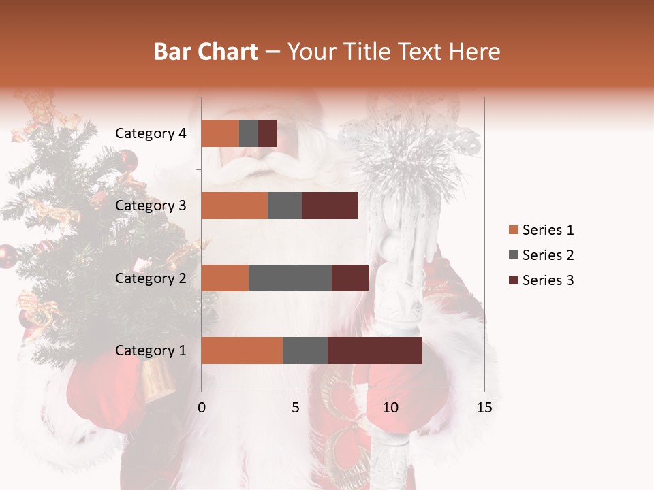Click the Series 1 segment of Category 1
[x=242, y=350]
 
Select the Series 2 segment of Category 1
[x=305, y=350]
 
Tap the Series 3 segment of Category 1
[x=375, y=350]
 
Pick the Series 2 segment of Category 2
[x=290, y=278]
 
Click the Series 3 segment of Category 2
[x=350, y=278]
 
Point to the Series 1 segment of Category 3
[x=234, y=206]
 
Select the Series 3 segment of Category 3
[x=330, y=206]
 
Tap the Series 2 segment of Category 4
[x=249, y=133]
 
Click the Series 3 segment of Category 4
[x=268, y=133]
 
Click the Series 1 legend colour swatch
[x=513, y=230]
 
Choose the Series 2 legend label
[x=548, y=255]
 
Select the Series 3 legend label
[x=548, y=280]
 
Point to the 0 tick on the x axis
[x=202, y=408]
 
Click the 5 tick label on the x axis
[x=296, y=408]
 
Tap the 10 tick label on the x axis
[x=390, y=408]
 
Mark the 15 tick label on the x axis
[x=484, y=408]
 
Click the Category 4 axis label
[x=151, y=133]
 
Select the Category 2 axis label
[x=151, y=278]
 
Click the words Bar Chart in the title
[x=206, y=51]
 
